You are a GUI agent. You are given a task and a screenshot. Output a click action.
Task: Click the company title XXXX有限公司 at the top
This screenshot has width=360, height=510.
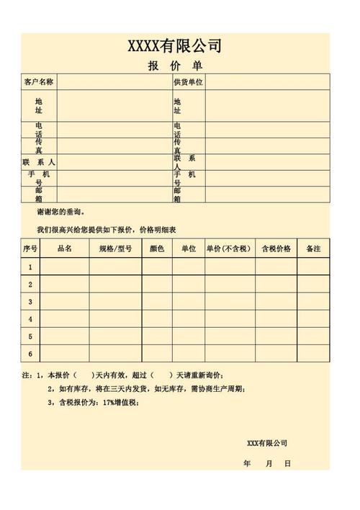(175, 47)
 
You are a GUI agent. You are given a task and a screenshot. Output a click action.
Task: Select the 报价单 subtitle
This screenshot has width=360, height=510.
(175, 66)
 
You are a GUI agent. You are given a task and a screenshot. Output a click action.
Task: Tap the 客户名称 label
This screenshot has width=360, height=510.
(39, 82)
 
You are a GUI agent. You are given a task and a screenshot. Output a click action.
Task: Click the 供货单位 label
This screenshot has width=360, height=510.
(189, 82)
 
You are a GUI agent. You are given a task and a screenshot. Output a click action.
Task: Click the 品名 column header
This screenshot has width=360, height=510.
(65, 249)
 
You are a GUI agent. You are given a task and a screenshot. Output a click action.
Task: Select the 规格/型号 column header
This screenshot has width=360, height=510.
(115, 249)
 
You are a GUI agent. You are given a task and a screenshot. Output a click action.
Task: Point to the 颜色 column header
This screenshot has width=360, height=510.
(157, 249)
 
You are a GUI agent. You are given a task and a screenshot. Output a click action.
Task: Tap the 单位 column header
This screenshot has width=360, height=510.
(189, 249)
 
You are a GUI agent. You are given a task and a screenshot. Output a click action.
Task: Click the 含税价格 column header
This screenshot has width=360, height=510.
(276, 249)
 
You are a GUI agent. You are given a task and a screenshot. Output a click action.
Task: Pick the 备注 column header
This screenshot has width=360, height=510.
(313, 249)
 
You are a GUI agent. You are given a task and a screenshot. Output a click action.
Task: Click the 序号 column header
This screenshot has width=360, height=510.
(30, 249)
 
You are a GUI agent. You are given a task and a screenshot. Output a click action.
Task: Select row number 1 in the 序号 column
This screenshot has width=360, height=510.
(30, 267)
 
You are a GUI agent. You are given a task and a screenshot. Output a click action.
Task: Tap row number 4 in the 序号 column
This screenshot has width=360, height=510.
(30, 319)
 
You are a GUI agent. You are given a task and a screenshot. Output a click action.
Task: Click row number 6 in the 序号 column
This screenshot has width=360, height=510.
(30, 354)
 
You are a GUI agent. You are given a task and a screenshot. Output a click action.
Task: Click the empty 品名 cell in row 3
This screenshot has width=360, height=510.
(65, 302)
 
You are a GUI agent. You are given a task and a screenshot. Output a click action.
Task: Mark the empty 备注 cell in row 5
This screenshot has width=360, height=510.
(313, 336)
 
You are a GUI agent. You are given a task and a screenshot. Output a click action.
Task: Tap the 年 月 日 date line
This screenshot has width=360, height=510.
(267, 463)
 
